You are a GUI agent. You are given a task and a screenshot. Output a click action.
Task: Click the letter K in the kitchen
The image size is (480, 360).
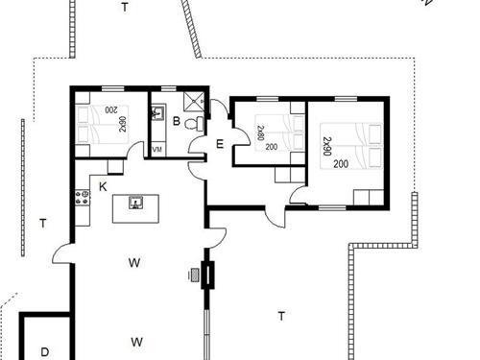(103, 185)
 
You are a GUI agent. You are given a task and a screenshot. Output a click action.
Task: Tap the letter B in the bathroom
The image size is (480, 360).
(177, 121)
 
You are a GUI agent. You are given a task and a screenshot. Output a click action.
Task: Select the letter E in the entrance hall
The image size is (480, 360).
(220, 144)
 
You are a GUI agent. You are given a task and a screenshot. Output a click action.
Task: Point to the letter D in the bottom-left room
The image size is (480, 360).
(44, 351)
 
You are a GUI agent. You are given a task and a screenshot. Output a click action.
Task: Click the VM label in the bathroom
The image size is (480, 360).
(156, 150)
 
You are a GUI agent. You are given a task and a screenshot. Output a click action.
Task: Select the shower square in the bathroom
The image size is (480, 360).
(194, 100)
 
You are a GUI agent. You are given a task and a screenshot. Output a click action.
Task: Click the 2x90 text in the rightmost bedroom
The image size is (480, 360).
(326, 146)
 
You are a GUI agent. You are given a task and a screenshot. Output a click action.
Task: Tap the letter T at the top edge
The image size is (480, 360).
(124, 7)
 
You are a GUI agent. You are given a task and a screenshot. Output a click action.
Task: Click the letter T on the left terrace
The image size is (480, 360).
(42, 224)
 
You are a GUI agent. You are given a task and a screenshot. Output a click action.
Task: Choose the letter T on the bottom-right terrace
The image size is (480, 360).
(281, 315)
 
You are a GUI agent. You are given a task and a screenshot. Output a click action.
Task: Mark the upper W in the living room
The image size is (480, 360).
(135, 260)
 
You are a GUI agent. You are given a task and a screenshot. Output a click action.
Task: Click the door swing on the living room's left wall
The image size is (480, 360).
(63, 252)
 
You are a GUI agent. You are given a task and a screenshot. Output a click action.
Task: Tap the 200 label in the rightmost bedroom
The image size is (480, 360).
(341, 164)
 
